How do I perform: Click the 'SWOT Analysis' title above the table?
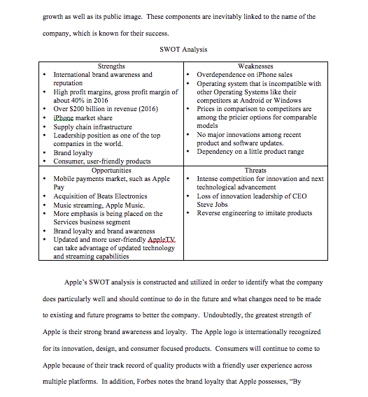point(183,50)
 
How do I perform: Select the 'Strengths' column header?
point(112,66)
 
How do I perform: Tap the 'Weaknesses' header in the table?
point(255,66)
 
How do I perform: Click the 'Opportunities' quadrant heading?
point(111,170)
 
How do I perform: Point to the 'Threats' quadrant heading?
point(255,170)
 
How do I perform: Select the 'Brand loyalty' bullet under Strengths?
point(73,152)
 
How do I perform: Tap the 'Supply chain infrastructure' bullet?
point(92,127)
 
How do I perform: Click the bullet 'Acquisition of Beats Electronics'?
point(101,196)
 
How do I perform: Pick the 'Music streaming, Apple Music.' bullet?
point(99,205)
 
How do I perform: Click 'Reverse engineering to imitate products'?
point(254,213)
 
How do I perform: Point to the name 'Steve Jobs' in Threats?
point(214,205)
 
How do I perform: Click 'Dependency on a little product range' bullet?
point(250,152)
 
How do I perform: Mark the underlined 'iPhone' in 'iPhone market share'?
point(65,117)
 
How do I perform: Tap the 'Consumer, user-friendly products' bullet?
point(102,161)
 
